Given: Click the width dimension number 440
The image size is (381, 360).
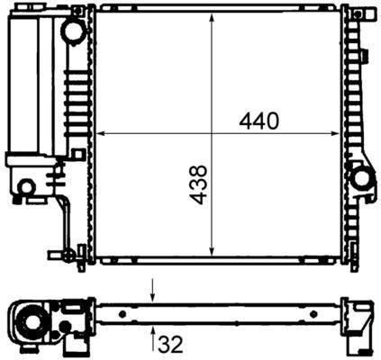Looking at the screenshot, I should pos(259,120).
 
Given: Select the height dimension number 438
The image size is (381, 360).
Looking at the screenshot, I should pos(199,184).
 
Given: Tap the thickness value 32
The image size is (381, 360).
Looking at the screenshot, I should pos(172,343).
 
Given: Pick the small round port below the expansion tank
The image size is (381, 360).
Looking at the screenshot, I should pos(27,187).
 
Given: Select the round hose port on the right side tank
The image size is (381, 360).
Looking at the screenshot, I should pos(363,178).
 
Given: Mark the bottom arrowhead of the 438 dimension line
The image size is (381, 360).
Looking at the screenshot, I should pos(212,254).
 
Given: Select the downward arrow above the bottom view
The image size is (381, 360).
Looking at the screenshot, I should pos(153,294).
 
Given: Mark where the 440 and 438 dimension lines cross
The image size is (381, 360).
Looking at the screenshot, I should pos(212,134).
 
